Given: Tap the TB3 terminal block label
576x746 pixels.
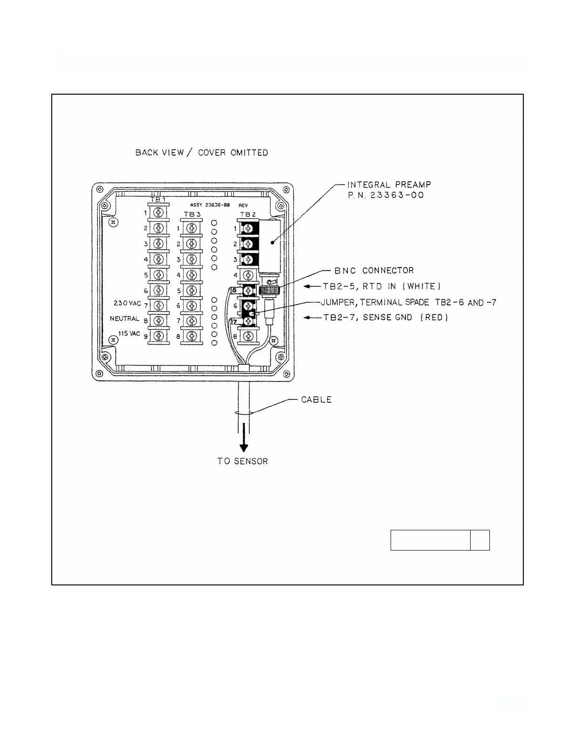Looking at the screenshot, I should pyautogui.click(x=191, y=214).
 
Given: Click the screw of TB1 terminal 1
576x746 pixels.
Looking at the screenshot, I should pyautogui.click(x=159, y=213).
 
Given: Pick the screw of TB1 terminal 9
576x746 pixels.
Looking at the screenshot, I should pyautogui.click(x=159, y=336).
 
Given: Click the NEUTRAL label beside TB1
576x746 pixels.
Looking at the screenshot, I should pyautogui.click(x=125, y=319).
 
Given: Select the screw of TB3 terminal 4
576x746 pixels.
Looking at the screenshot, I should pyautogui.click(x=191, y=275).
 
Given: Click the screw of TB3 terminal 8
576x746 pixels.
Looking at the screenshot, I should pyautogui.click(x=191, y=336).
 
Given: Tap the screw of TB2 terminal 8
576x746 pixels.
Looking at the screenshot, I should pyautogui.click(x=248, y=336).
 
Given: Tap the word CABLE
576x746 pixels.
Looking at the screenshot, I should pyautogui.click(x=316, y=400).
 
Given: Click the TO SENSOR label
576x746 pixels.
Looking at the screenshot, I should pyautogui.click(x=242, y=461).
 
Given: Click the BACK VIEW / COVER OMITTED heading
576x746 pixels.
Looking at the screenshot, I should pyautogui.click(x=201, y=153).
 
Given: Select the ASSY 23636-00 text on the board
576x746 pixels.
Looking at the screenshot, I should pyautogui.click(x=210, y=205).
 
